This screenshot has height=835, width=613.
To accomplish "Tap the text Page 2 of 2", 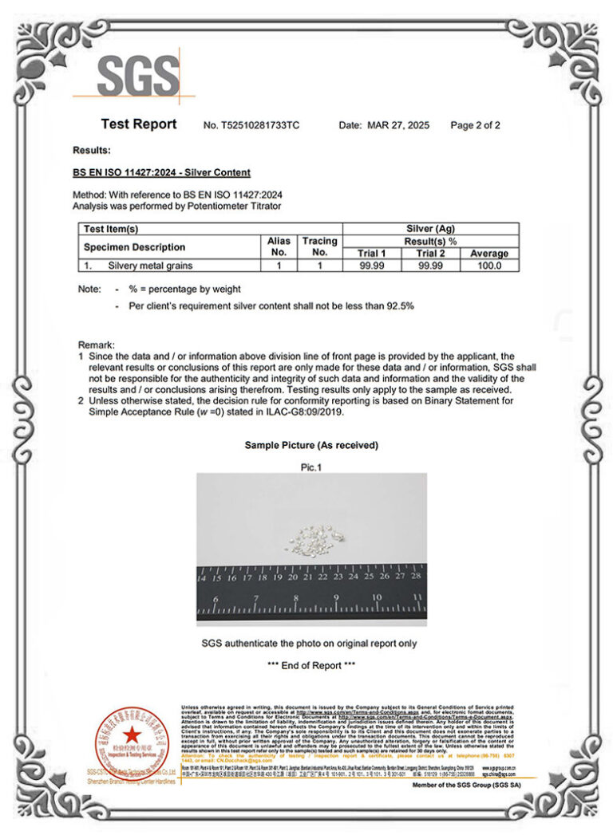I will pos(475,125).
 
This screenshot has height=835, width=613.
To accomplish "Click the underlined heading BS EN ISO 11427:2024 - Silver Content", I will pos(161,172).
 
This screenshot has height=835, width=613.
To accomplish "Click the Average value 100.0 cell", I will pos(488,266).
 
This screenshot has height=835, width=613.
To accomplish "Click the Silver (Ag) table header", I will pos(430,229).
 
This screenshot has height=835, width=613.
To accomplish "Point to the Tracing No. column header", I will pos(319,246).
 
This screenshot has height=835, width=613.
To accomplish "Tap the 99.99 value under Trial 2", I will pos(431,266).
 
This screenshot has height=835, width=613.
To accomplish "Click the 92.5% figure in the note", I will pos(400,306).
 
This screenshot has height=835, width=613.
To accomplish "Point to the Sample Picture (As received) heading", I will pos(311,445).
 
